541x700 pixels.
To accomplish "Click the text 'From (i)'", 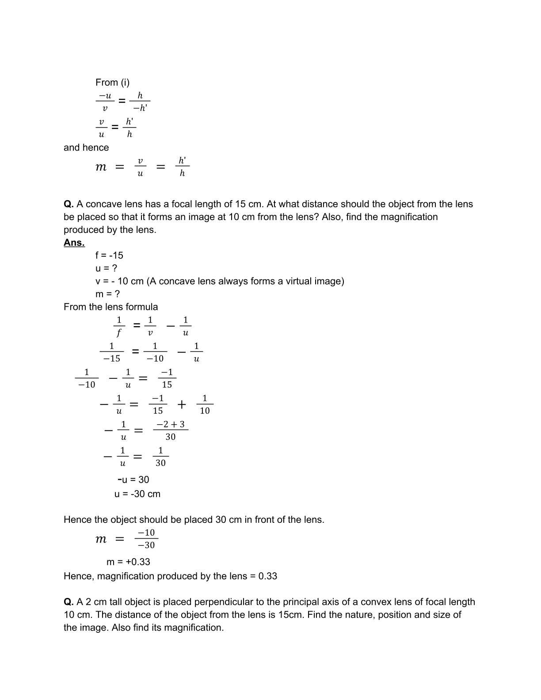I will click(x=112, y=83).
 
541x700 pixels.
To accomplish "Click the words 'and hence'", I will click(x=86, y=148).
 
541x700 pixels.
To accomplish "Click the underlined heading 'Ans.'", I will click(x=74, y=243).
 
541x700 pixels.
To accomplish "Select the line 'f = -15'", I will click(x=109, y=255).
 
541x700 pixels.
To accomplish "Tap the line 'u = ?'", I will click(x=106, y=268).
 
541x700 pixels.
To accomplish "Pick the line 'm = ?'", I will click(x=107, y=294).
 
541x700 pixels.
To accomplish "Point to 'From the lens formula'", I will click(x=110, y=307).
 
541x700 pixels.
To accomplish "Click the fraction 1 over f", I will click(x=118, y=326).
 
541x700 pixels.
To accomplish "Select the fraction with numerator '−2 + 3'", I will click(x=171, y=430).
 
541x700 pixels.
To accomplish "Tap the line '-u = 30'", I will click(x=133, y=480).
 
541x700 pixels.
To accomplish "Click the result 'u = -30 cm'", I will click(x=137, y=494).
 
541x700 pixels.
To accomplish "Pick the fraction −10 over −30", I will click(x=146, y=539).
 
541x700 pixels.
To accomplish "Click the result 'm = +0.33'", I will click(x=128, y=562).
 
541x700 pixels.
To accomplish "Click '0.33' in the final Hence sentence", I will click(x=267, y=576).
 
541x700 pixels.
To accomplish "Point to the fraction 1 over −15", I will click(x=111, y=352).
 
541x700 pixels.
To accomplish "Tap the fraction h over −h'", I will click(x=140, y=102).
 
